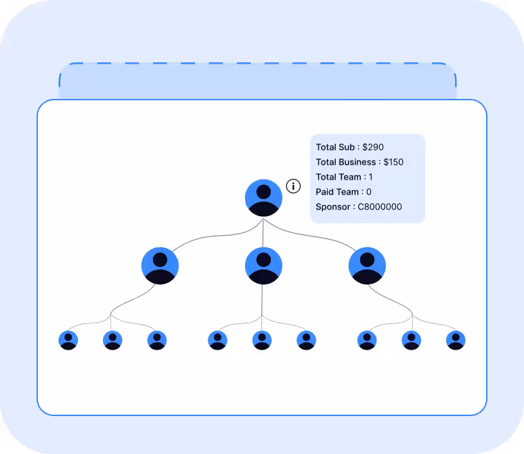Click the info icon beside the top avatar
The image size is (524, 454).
click(x=293, y=186)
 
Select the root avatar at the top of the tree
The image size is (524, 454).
click(x=263, y=198)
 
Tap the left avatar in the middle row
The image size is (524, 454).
click(x=160, y=266)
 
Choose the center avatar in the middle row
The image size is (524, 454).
click(x=263, y=266)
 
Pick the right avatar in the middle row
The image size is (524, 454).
click(x=367, y=266)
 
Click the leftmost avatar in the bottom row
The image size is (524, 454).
click(x=68, y=340)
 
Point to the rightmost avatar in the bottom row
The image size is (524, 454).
click(x=456, y=340)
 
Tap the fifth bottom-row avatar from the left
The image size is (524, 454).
click(x=262, y=340)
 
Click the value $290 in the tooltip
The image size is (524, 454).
click(x=373, y=147)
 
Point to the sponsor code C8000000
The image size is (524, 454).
click(x=380, y=207)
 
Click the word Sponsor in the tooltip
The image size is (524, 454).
click(x=332, y=207)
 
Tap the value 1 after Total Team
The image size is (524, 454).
click(x=371, y=177)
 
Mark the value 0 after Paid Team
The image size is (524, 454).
click(x=369, y=192)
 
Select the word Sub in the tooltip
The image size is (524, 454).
click(x=347, y=147)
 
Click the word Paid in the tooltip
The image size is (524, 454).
click(x=325, y=192)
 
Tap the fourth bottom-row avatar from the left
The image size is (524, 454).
click(x=218, y=340)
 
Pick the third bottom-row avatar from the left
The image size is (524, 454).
click(x=157, y=340)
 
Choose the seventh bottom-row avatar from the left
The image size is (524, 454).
click(x=367, y=340)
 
